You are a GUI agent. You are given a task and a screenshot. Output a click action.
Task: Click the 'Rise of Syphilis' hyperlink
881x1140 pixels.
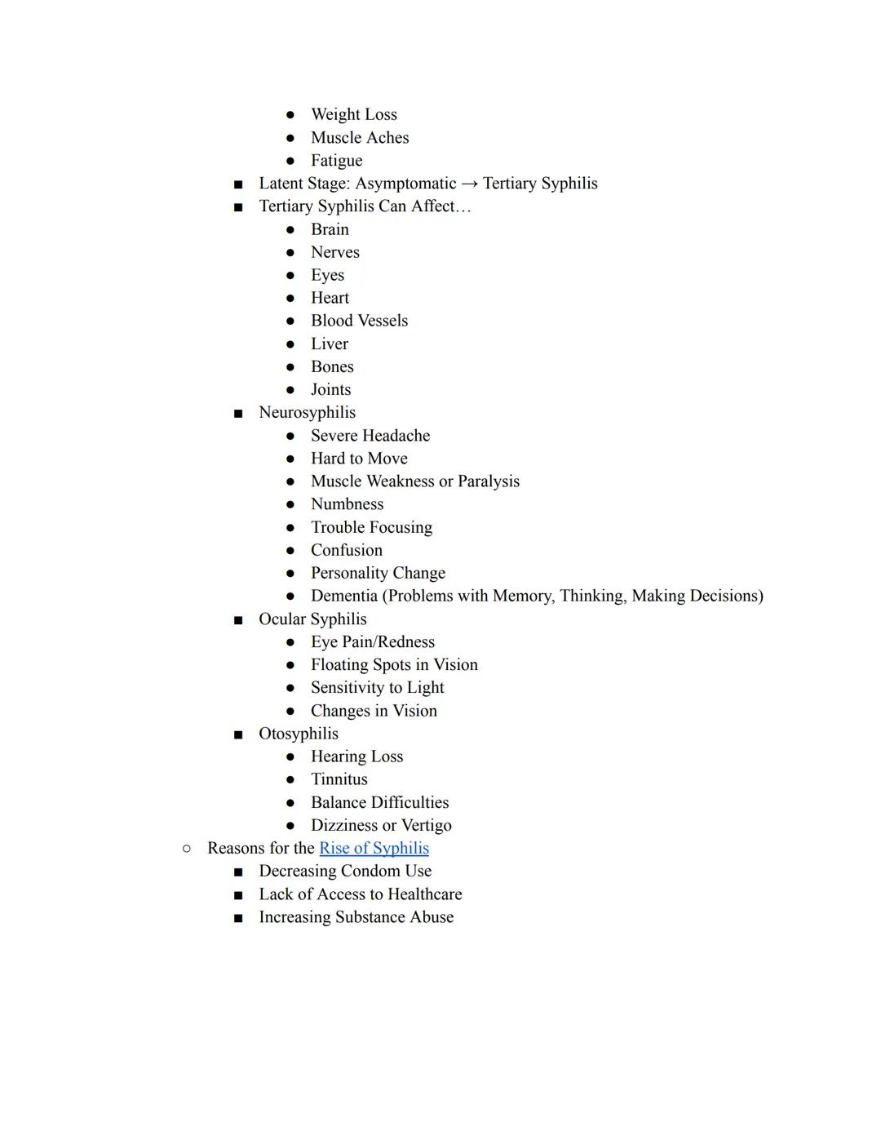374,849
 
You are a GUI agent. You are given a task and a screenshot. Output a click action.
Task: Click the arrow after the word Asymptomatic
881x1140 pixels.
469,184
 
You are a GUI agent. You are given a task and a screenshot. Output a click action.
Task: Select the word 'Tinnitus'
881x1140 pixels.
339,779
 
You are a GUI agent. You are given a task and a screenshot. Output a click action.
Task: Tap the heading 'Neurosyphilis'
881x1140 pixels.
307,413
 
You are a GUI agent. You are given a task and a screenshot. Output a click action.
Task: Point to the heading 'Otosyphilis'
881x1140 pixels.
298,734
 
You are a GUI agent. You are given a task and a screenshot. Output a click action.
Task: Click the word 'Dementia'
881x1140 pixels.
343,597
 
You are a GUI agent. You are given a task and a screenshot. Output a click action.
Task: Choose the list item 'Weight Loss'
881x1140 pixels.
353,115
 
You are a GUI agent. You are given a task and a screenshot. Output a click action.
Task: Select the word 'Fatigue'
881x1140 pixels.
336,161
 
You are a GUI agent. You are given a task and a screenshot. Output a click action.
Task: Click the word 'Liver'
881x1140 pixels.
329,344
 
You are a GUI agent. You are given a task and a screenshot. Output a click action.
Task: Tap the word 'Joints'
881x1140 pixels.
330,390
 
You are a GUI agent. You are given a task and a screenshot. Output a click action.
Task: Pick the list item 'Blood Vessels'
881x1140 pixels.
359,322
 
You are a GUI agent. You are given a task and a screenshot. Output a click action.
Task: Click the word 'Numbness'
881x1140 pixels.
347,504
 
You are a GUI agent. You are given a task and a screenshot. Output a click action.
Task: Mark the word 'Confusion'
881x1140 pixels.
346,551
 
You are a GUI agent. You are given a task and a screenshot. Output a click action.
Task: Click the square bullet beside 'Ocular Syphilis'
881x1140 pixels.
238,620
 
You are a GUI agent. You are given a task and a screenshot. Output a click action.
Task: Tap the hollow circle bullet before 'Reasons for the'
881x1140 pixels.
187,849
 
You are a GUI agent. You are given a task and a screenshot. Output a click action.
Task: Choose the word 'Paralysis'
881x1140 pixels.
488,481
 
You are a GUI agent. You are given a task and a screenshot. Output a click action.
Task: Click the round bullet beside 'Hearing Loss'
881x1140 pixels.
290,757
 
